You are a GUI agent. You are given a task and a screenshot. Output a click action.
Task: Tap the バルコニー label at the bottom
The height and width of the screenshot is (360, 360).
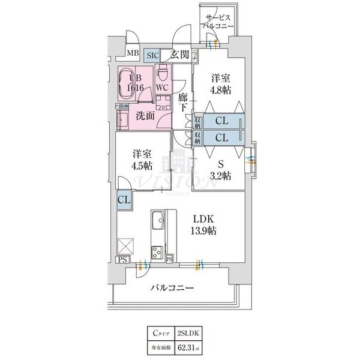(x=172, y=289)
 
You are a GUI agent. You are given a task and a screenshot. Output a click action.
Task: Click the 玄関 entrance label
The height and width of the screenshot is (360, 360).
(x=181, y=55)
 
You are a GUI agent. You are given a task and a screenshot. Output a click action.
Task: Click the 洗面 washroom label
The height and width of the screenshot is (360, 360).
(x=146, y=116)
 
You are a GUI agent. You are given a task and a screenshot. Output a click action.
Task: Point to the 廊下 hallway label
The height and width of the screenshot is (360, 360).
(x=184, y=100)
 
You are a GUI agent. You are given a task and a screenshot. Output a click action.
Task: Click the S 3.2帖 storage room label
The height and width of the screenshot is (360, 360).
(x=221, y=166)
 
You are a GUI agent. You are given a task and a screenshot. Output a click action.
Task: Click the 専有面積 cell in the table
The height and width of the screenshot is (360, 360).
(x=159, y=346)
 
